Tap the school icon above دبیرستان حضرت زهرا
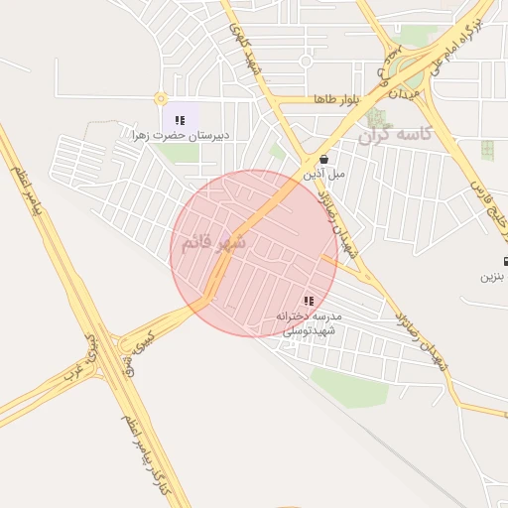point(180,120)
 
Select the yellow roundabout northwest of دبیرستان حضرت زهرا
point(160,98)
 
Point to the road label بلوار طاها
point(333,101)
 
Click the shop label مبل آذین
point(325,173)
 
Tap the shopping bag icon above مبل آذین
point(324,158)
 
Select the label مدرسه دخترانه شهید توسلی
point(310,322)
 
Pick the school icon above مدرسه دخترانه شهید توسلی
point(309,301)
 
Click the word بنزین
point(494,276)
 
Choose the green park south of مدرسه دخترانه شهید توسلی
point(348,387)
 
